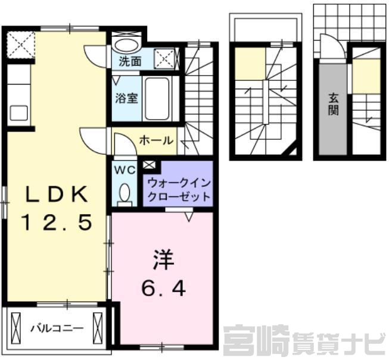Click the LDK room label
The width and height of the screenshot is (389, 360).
[57, 195]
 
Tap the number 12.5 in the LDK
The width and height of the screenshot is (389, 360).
[58, 222]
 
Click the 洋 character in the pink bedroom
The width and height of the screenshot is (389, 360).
[163, 259]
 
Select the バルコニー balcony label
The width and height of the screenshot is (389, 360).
[57, 328]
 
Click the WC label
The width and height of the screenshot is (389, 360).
[125, 170]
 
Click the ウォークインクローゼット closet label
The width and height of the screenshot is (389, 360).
[179, 190]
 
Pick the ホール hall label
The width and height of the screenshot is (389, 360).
[156, 141]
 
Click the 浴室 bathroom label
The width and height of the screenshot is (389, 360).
[126, 98]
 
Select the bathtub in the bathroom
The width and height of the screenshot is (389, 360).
[157, 99]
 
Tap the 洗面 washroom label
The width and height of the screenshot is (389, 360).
[130, 61]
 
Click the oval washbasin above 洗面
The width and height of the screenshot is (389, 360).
[127, 46]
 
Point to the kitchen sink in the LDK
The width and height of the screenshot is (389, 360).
[18, 113]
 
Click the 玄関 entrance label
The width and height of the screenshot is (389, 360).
[333, 104]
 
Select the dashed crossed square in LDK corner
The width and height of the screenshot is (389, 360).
[20, 45]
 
